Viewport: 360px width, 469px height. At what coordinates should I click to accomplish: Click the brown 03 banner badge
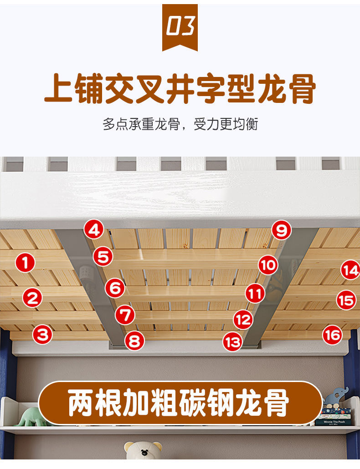pos(180,27)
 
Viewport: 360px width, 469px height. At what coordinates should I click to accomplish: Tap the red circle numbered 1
pos(25,263)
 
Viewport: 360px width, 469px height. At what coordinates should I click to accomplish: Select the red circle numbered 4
pos(94,229)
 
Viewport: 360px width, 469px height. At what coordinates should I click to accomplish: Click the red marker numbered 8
pos(135,341)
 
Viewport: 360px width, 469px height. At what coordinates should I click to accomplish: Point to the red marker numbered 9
pos(281,230)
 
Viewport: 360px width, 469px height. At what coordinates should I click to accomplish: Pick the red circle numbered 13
pos(232,342)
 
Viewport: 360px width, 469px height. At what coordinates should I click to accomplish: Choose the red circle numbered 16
pos(333,335)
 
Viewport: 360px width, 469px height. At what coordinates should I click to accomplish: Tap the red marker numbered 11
pos(255,293)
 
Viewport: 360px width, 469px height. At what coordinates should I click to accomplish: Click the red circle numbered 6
pos(115,288)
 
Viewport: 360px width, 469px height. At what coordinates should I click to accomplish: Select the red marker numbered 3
pos(42,334)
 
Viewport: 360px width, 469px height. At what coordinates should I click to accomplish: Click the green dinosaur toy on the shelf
pos(31,417)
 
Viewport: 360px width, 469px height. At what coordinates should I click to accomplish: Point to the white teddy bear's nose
pos(144,452)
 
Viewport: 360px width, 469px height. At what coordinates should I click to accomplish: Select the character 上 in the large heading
pos(59,89)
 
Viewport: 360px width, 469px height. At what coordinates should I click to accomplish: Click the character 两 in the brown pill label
pos(81,403)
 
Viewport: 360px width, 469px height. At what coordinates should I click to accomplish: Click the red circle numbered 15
pos(346,300)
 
